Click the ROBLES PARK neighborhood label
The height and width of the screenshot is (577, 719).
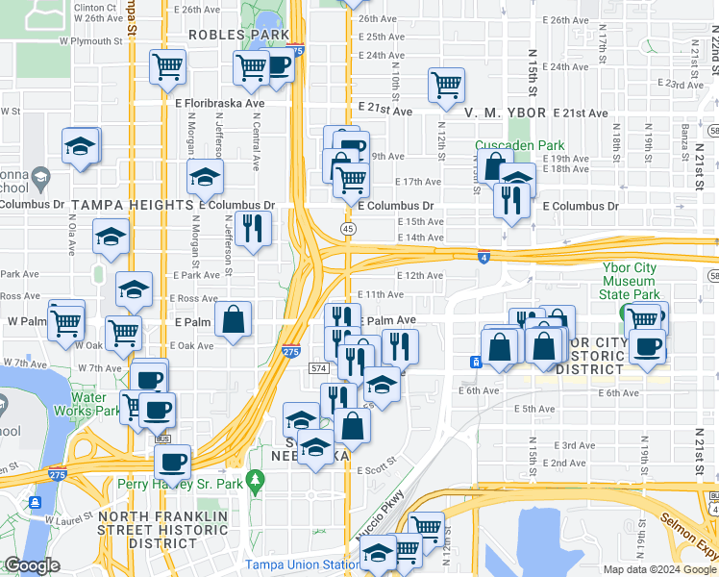(238, 35)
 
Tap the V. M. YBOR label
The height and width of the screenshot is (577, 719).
(505, 113)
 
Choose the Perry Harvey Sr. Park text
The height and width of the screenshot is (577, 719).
(181, 485)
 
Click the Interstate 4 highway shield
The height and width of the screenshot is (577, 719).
(483, 257)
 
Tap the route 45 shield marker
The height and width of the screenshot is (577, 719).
(348, 228)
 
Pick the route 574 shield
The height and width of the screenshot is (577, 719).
(320, 368)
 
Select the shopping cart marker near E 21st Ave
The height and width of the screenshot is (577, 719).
(447, 85)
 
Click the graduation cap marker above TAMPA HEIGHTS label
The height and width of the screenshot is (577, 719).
(204, 176)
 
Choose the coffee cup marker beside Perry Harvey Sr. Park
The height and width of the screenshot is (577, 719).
(173, 462)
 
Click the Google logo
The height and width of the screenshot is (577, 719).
(31, 565)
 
